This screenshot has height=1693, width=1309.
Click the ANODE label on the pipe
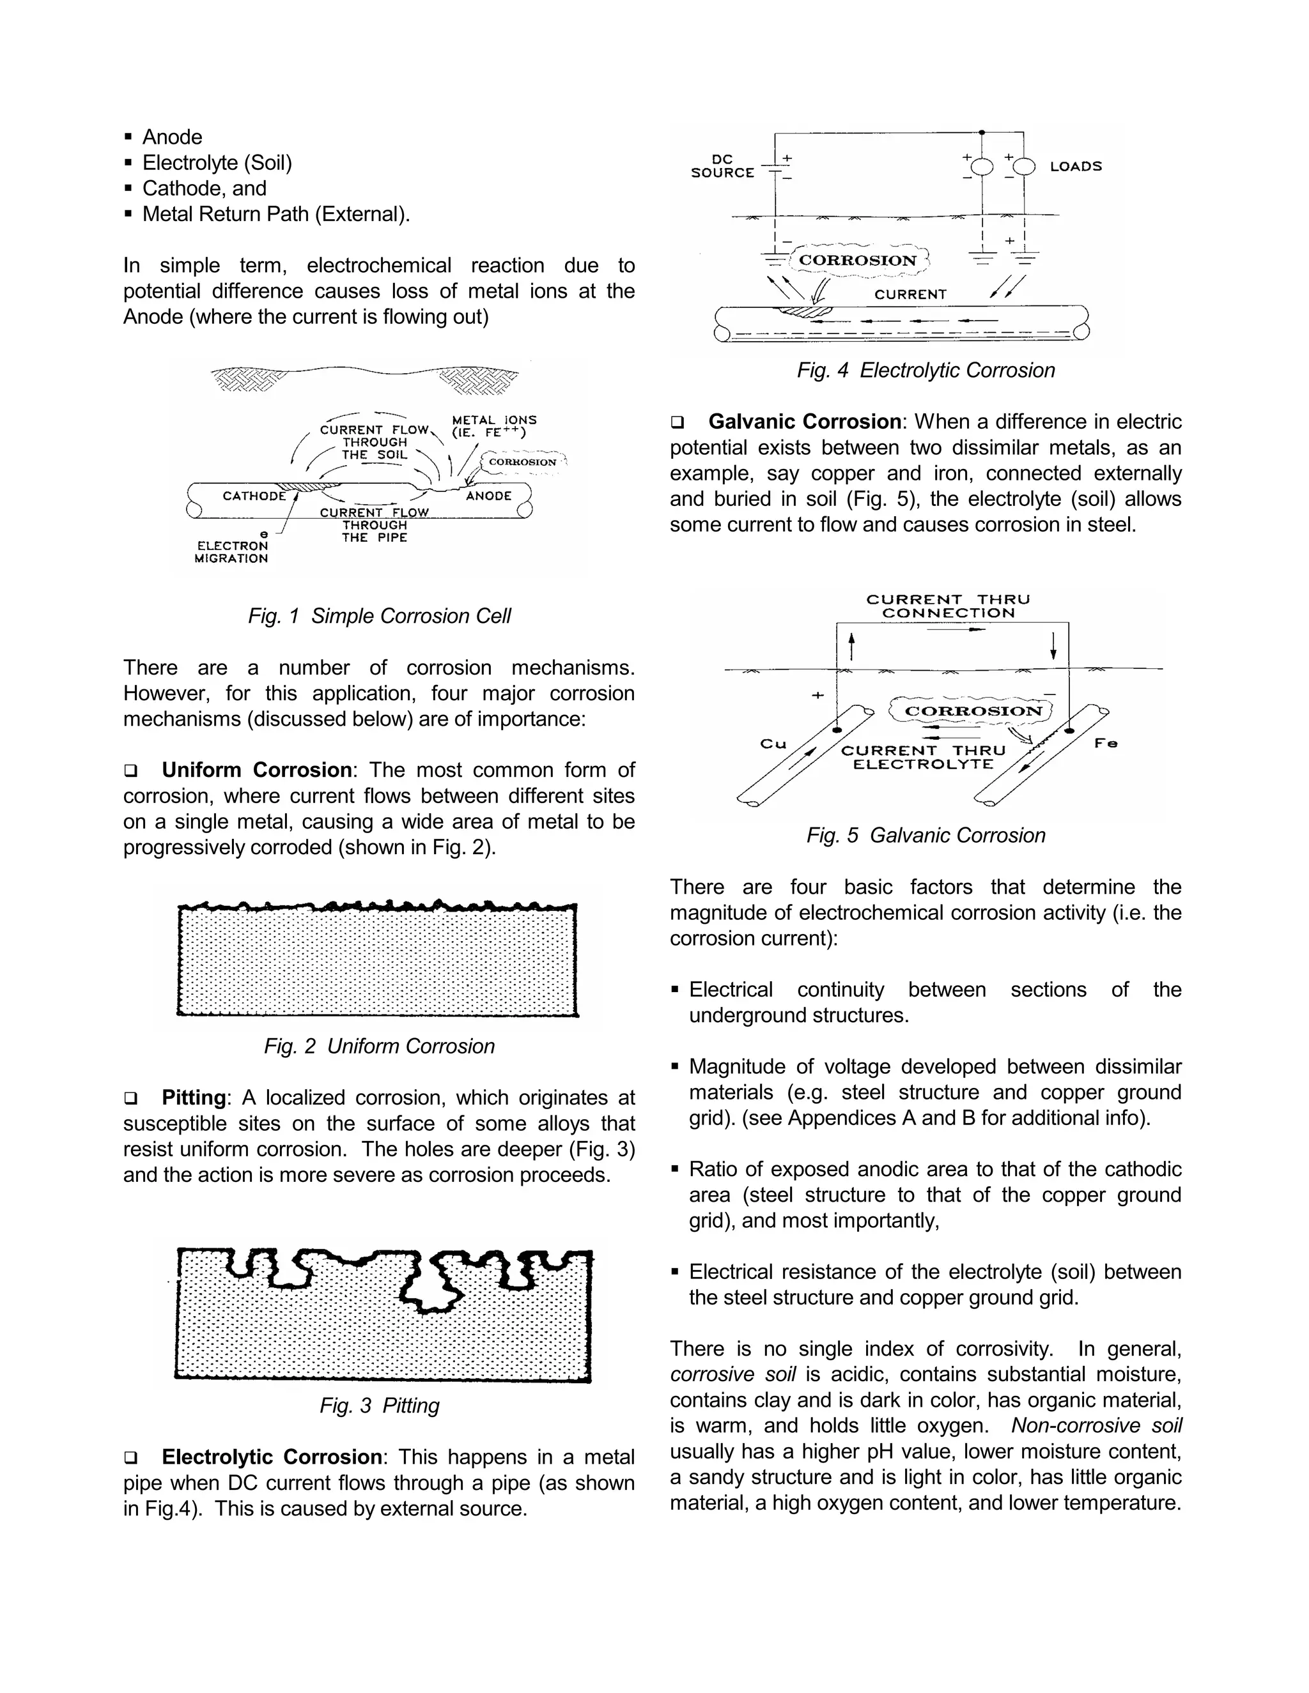pos(488,495)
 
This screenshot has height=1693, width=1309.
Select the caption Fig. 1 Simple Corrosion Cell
pos(379,617)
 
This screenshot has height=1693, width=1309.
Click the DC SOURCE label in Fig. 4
pos(722,166)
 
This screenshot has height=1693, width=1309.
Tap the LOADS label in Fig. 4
pos(1076,166)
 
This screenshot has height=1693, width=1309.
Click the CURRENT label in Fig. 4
pos(910,295)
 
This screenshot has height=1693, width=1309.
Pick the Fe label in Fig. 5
pos(1106,744)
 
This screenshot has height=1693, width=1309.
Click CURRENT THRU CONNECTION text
pos(948,606)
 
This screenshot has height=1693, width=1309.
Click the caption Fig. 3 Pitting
pos(379,1406)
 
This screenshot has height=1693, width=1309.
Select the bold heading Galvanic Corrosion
pos(804,422)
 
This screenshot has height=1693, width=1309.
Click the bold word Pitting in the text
pos(194,1098)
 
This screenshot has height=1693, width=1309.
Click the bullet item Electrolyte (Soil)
pos(217,163)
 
